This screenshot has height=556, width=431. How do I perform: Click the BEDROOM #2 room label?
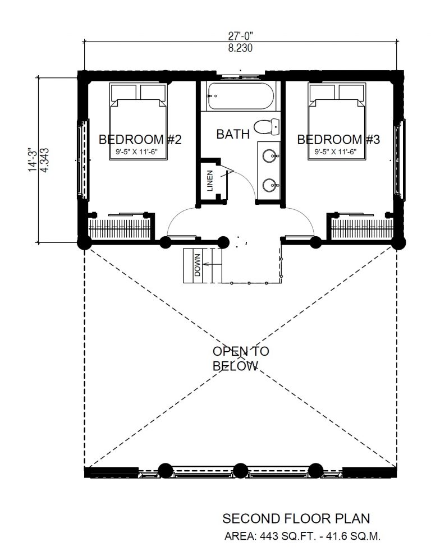(x=140, y=139)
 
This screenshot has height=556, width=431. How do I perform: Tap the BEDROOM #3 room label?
(x=338, y=139)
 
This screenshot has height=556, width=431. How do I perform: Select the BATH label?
(x=233, y=134)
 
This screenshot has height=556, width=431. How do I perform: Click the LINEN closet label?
(x=210, y=181)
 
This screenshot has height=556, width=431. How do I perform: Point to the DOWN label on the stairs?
(x=197, y=265)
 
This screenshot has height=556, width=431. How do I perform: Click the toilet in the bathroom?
(x=267, y=127)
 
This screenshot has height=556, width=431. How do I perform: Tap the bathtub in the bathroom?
(x=241, y=96)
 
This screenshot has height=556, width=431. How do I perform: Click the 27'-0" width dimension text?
(x=240, y=36)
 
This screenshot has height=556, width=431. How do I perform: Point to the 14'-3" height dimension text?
(x=33, y=159)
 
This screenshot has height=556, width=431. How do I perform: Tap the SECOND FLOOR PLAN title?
(x=296, y=518)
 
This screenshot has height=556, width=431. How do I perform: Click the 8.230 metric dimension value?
(x=240, y=48)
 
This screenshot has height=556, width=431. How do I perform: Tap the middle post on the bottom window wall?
(x=241, y=471)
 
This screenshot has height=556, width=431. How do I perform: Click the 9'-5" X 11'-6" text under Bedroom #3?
(x=336, y=152)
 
